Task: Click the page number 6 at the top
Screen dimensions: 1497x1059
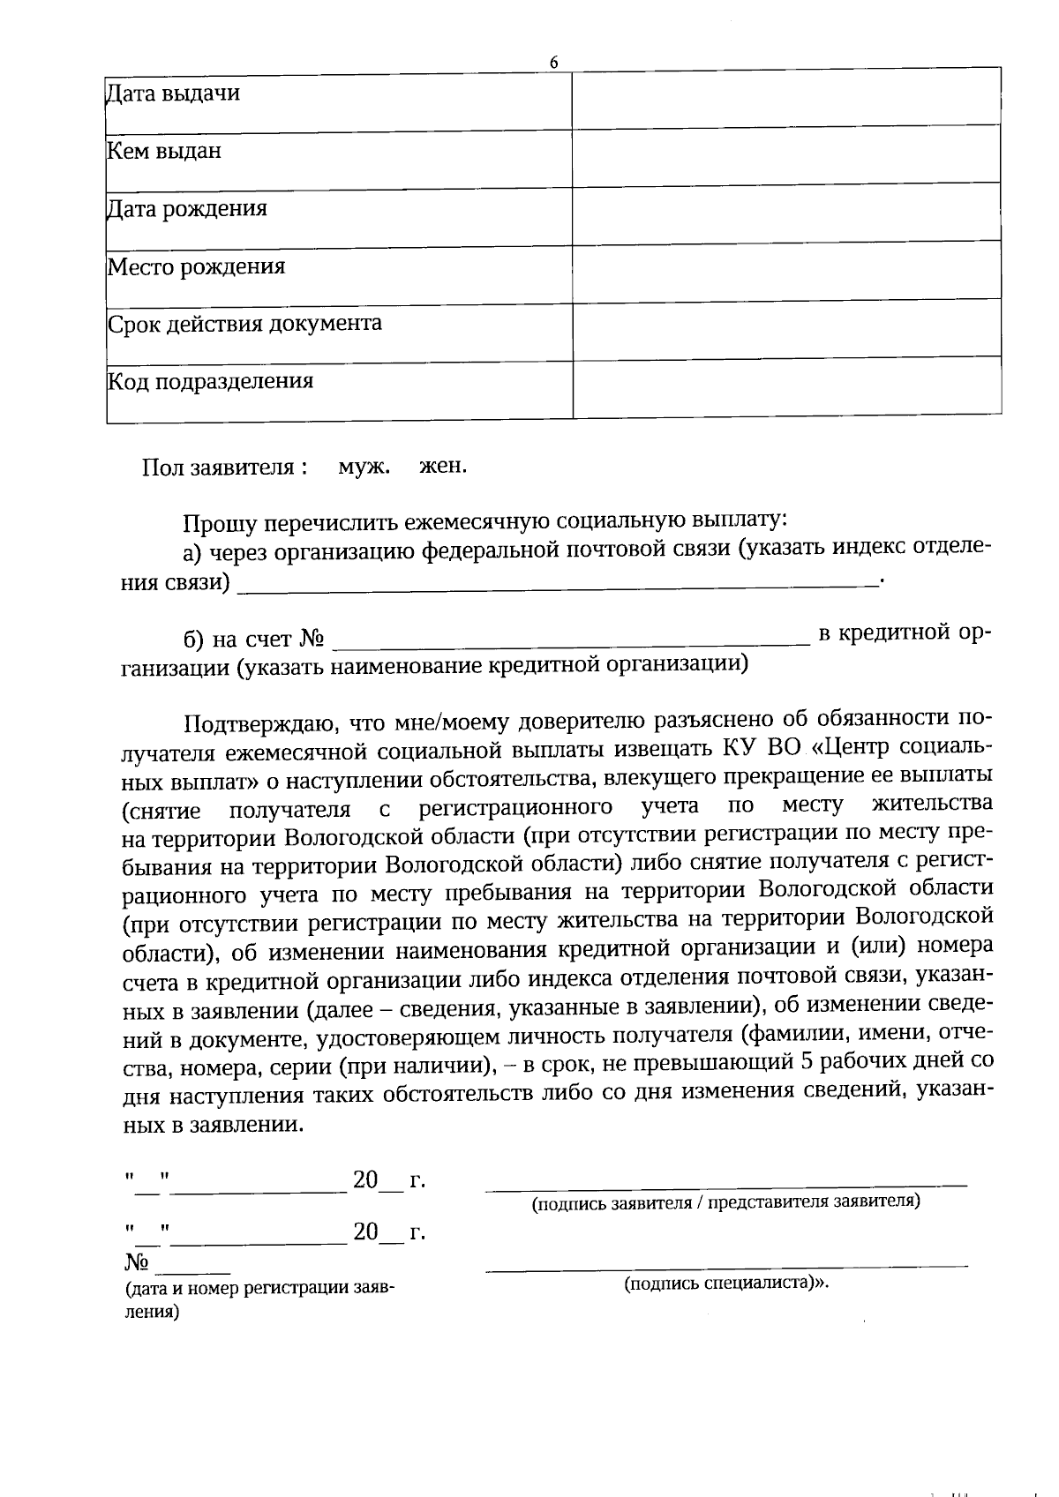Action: (x=553, y=62)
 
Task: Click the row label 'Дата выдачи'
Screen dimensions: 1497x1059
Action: (x=173, y=93)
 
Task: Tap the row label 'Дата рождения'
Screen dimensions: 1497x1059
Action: (x=186, y=209)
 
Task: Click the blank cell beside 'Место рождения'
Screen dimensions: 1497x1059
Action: (x=785, y=271)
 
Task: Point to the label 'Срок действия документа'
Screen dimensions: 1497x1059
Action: (x=244, y=323)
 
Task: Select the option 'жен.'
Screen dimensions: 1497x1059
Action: (x=443, y=466)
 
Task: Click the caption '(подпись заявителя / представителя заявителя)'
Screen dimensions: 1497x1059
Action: (x=725, y=1202)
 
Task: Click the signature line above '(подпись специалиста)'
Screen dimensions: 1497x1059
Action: (x=725, y=1268)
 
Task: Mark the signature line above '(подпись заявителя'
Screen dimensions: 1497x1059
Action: (x=725, y=1187)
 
